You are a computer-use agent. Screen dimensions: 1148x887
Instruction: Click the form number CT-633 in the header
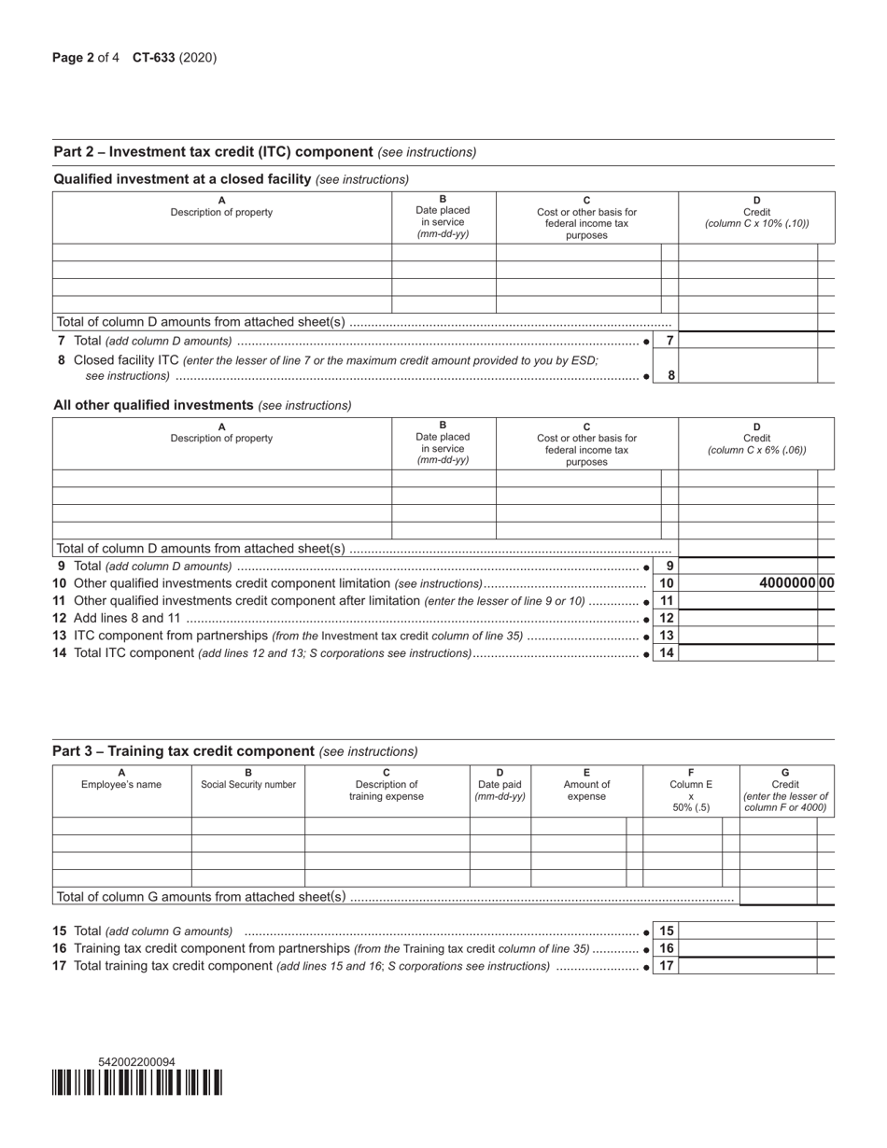pos(153,58)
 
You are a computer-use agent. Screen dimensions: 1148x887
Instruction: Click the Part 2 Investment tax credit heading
pos(214,151)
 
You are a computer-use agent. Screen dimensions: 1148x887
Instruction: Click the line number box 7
pos(669,341)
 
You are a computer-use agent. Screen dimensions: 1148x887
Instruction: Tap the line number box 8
pos(669,375)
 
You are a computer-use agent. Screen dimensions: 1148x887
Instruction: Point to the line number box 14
pos(666,653)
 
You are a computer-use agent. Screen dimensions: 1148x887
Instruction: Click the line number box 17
pos(666,966)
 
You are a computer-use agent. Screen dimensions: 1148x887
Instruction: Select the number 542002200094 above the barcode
pos(136,1062)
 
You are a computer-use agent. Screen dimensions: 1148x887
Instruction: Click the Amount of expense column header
pos(586,790)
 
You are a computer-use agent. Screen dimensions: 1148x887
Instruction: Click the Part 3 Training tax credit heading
pos(183,750)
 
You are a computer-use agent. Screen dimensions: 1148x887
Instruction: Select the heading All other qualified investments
pos(154,405)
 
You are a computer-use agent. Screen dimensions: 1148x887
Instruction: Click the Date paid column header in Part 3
pos(500,790)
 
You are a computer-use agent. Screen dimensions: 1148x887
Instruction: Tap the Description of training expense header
pos(387,790)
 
